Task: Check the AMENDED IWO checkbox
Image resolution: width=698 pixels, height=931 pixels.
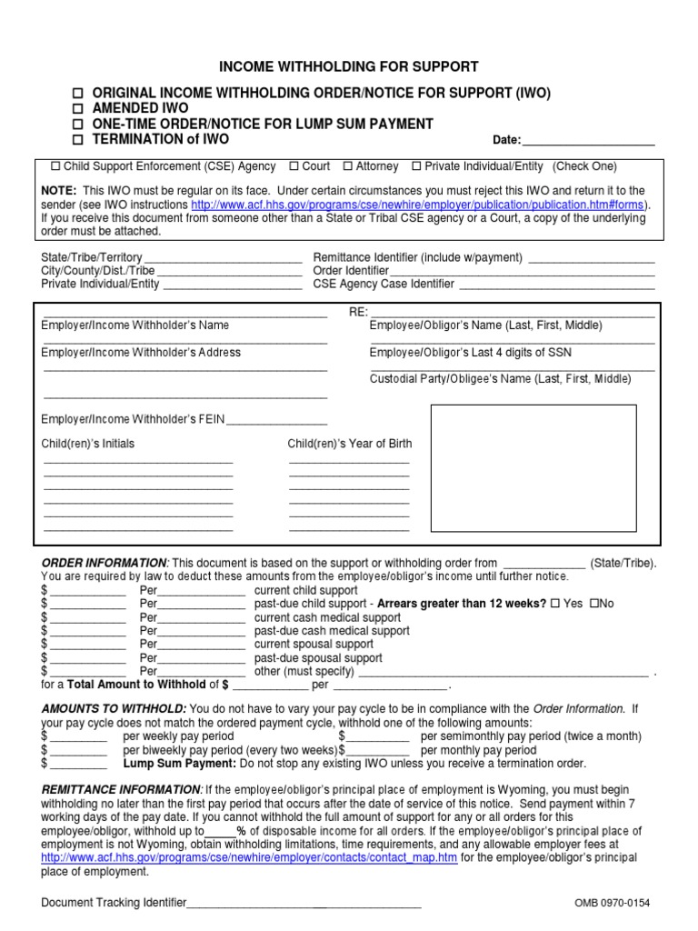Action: pyautogui.click(x=78, y=109)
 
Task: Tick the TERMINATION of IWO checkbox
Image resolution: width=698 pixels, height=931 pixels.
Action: pyautogui.click(x=78, y=140)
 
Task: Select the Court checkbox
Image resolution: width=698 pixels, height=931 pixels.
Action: pyautogui.click(x=294, y=166)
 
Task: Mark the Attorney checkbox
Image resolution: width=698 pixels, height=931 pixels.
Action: pyautogui.click(x=348, y=166)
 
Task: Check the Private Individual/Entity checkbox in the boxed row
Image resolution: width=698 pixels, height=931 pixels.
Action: pyautogui.click(x=416, y=166)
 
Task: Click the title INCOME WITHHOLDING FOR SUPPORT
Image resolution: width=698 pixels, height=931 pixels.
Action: pyautogui.click(x=348, y=67)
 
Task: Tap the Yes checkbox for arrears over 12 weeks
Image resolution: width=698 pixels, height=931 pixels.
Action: pyautogui.click(x=554, y=603)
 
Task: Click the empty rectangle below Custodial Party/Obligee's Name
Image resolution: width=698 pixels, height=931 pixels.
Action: pyautogui.click(x=533, y=469)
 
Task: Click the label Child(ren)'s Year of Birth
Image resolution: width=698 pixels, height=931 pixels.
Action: pyautogui.click(x=349, y=444)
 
